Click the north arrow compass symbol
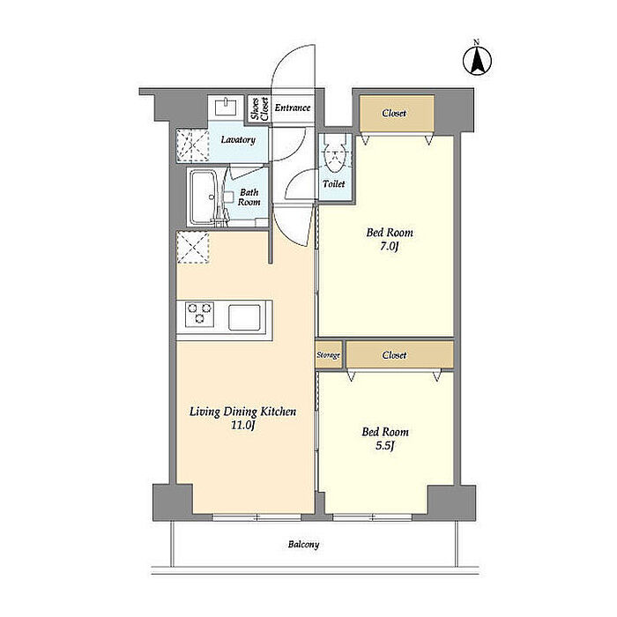(477, 61)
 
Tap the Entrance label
(293, 108)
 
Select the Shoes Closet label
(260, 109)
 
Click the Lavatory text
(238, 139)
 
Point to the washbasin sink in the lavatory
(226, 107)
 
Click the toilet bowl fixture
(334, 156)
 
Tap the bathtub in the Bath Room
(203, 197)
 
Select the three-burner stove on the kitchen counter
(200, 315)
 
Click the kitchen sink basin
(244, 317)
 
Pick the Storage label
(328, 355)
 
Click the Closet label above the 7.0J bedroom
(394, 114)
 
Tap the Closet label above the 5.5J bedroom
(394, 355)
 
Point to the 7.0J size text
(390, 247)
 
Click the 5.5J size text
(385, 446)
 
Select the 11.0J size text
(243, 426)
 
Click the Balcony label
(303, 545)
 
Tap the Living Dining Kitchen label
(242, 412)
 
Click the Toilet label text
(334, 183)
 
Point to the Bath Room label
(249, 197)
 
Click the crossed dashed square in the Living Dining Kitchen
(193, 247)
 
